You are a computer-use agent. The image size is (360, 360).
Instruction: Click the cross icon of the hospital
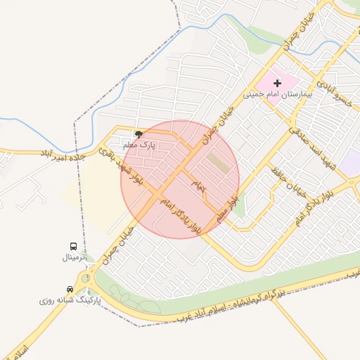click(278, 84)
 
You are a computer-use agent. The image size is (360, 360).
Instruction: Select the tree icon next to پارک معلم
click(139, 134)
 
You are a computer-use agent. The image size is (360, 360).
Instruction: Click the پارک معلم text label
click(139, 145)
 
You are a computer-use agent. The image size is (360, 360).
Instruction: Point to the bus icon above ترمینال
click(73, 246)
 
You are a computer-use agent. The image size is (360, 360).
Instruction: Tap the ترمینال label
click(73, 257)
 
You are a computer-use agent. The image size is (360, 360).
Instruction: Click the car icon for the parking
click(70, 289)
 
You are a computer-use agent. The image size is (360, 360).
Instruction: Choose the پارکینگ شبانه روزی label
click(70, 300)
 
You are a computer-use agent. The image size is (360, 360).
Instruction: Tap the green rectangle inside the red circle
click(218, 164)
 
